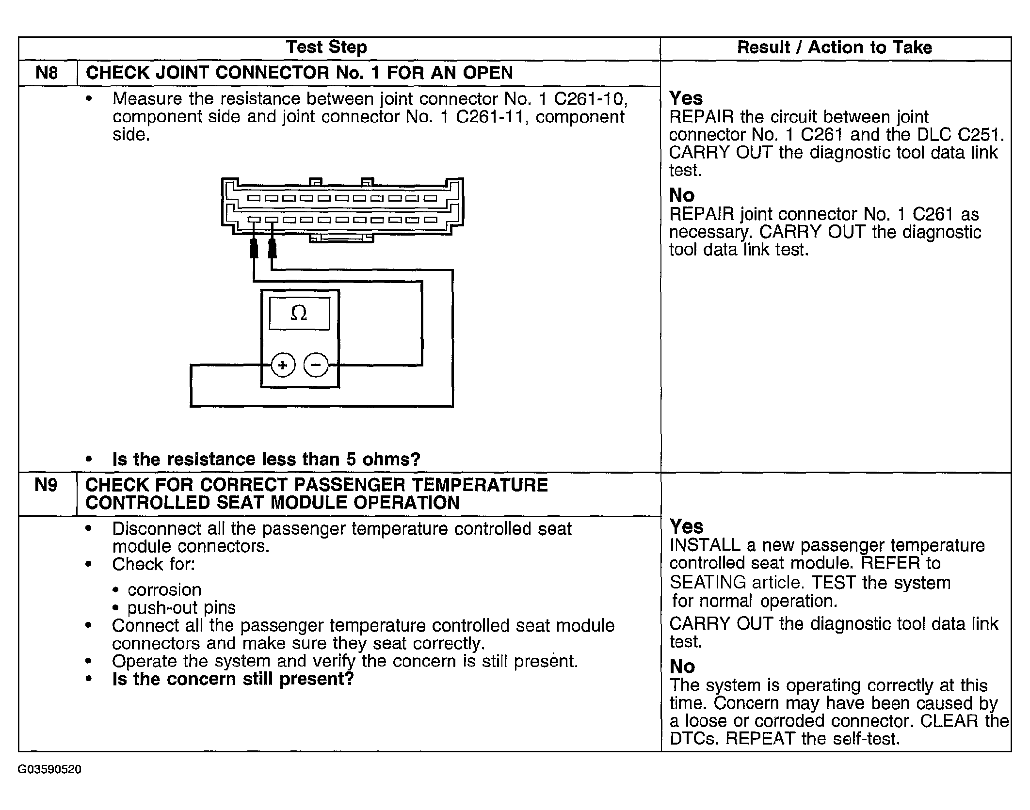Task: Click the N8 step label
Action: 47,73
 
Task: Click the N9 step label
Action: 46,485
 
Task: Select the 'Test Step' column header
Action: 326,47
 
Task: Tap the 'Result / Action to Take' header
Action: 834,48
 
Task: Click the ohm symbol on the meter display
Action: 299,314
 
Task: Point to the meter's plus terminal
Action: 283,365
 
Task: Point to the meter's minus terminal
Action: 316,365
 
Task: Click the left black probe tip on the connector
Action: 253,249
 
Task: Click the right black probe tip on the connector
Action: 272,249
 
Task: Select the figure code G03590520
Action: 50,770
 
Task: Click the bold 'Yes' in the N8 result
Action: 686,98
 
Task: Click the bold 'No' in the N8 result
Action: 682,195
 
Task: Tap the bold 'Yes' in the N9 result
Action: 686,526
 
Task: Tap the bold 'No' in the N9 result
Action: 682,667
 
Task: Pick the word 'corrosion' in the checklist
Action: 164,590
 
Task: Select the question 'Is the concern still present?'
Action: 233,679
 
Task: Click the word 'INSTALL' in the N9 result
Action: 705,545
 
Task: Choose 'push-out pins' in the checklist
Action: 181,608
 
